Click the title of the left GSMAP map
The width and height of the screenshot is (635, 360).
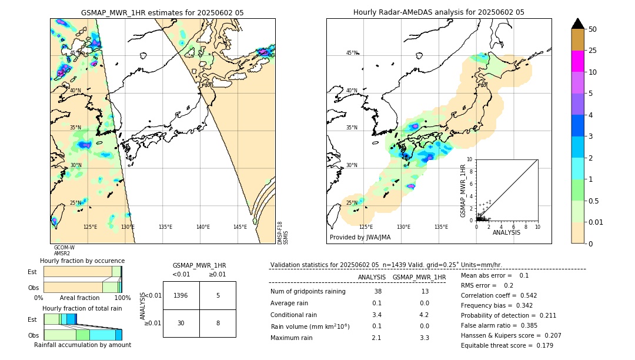(x=162, y=12)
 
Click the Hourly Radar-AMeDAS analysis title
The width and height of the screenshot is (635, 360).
(x=439, y=12)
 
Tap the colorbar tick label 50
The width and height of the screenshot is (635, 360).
(x=593, y=29)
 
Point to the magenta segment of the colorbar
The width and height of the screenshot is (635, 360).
(x=577, y=61)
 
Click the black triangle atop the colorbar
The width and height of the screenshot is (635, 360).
(x=577, y=24)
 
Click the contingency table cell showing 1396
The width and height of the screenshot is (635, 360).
(x=181, y=295)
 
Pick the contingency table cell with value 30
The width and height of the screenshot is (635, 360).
(x=181, y=323)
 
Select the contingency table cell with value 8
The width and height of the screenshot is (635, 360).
(x=218, y=323)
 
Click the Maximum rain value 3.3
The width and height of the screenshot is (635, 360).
(x=424, y=338)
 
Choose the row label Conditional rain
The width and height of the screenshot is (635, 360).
(x=294, y=315)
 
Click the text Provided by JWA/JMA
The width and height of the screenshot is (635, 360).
(x=360, y=238)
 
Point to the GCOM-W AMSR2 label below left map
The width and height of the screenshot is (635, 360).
(x=64, y=251)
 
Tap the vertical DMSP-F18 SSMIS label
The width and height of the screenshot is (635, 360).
(x=283, y=233)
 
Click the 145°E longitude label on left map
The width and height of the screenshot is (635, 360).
(x=240, y=227)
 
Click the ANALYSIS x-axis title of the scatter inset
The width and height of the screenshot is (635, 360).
(x=506, y=232)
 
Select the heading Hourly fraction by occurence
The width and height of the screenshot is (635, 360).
(x=82, y=261)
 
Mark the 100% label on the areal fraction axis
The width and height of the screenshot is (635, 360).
(x=122, y=298)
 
